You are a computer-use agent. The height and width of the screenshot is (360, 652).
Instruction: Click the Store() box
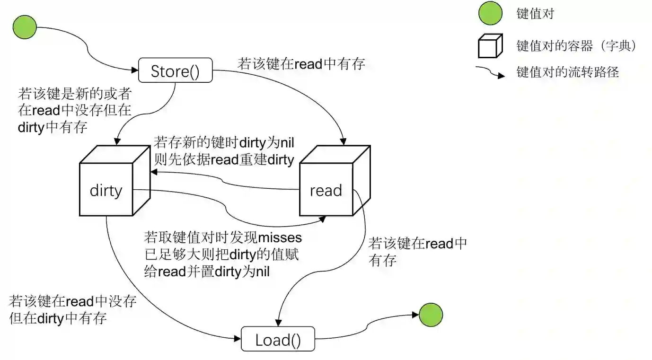(x=175, y=71)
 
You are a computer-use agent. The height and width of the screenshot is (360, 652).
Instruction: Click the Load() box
(x=278, y=339)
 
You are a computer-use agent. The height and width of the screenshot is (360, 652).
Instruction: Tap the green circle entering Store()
(x=25, y=26)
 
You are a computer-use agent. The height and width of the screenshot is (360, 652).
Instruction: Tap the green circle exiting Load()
(x=431, y=315)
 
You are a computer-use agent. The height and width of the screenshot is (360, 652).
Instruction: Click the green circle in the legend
(x=490, y=13)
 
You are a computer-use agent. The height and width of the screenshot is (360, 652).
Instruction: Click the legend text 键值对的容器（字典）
(x=576, y=46)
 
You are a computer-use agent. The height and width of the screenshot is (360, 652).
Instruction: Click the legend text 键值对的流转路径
(x=567, y=72)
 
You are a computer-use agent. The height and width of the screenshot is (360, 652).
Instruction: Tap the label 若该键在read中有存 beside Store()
(x=301, y=64)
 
